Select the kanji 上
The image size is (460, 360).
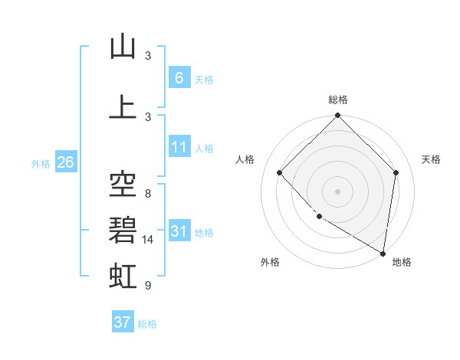pyautogui.click(x=123, y=107)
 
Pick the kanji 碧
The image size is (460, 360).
pyautogui.click(x=123, y=230)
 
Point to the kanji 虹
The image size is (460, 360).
pyautogui.click(x=123, y=275)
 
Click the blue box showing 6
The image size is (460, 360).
pyautogui.click(x=179, y=77)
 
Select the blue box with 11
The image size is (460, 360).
pyautogui.click(x=179, y=147)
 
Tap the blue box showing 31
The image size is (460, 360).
pyautogui.click(x=179, y=231)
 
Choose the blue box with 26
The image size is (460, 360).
pyautogui.click(x=65, y=162)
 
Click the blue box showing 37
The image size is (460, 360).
pyautogui.click(x=122, y=322)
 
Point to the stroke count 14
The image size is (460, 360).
pyautogui.click(x=149, y=240)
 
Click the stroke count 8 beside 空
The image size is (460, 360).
pyautogui.click(x=148, y=194)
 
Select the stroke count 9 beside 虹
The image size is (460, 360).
pyautogui.click(x=148, y=286)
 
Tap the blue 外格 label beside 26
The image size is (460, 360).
pyautogui.click(x=41, y=163)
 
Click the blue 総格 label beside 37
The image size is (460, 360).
pyautogui.click(x=147, y=323)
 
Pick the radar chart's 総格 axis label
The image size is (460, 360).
pyautogui.click(x=338, y=100)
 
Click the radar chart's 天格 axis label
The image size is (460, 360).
pyautogui.click(x=432, y=159)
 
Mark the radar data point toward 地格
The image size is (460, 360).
pyautogui.click(x=383, y=253)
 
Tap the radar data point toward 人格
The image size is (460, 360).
pyautogui.click(x=280, y=172)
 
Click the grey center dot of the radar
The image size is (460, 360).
pyautogui.click(x=338, y=191)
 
